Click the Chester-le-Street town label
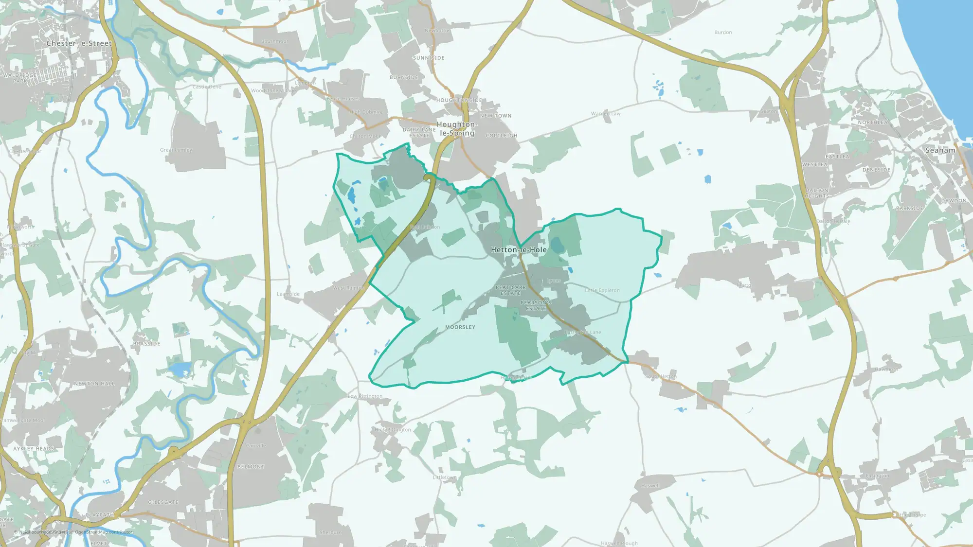[x=79, y=43]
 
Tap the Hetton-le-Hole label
[x=519, y=250]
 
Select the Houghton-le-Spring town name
[x=457, y=129]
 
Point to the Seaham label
[x=940, y=150]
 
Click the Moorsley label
[x=460, y=327]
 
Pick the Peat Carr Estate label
[x=510, y=290]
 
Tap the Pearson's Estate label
[x=536, y=305]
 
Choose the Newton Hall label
[x=94, y=384]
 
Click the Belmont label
[x=251, y=467]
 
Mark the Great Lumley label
[x=176, y=150]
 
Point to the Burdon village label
[x=723, y=33]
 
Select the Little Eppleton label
[x=602, y=290]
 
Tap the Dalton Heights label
[x=816, y=193]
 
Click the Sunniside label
[x=428, y=58]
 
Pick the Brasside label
[x=146, y=344]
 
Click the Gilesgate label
[x=163, y=502]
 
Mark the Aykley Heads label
[x=34, y=449]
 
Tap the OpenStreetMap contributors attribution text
[x=104, y=532]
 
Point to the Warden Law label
[x=606, y=114]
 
